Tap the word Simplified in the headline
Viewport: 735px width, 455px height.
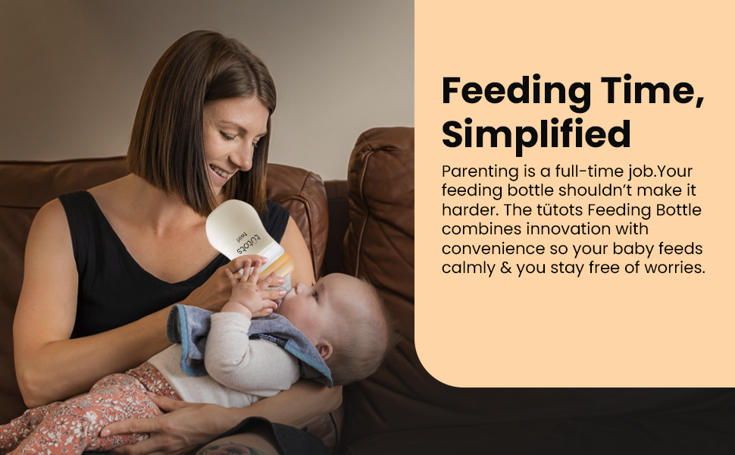tap(536, 134)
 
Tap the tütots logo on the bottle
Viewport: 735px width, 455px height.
tap(245, 236)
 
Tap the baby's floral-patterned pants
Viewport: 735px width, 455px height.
tap(83, 409)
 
